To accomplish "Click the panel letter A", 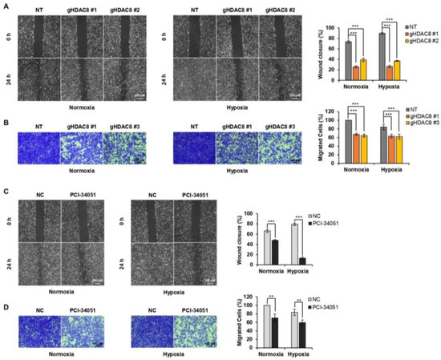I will [6, 6].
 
